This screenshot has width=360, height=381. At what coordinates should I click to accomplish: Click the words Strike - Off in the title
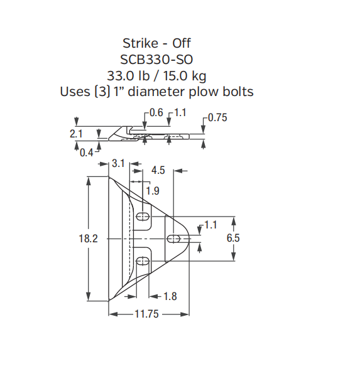click(x=156, y=43)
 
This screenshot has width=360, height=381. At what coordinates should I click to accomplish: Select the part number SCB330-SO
click(x=156, y=60)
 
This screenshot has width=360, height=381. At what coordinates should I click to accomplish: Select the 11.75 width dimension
click(x=146, y=314)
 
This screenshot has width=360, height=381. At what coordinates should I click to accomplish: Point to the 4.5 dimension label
click(x=158, y=170)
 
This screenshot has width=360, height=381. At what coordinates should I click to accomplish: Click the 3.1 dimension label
click(x=118, y=163)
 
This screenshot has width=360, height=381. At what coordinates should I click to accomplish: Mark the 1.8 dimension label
click(x=170, y=296)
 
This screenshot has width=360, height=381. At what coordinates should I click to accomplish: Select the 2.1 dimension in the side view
click(x=75, y=134)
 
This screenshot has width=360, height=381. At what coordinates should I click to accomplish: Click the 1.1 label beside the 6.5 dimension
click(x=210, y=225)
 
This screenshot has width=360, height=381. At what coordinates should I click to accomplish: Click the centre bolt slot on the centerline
click(x=175, y=239)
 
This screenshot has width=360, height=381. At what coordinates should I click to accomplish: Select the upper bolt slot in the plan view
click(x=144, y=216)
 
